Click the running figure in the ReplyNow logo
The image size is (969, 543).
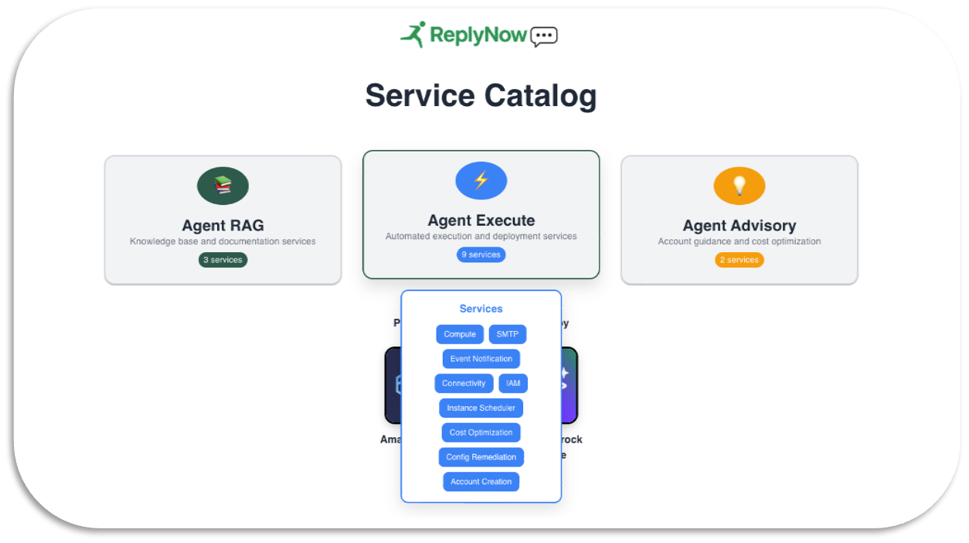[413, 34]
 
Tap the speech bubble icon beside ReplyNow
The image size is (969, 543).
[544, 36]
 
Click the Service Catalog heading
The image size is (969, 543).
[481, 96]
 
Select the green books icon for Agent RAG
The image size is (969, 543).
[223, 186]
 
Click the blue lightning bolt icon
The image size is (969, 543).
[481, 181]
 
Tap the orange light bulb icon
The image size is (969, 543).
[739, 186]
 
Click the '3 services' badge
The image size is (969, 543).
[223, 260]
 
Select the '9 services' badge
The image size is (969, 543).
[481, 254]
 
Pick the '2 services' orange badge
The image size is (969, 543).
[739, 260]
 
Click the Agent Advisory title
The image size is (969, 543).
[739, 226]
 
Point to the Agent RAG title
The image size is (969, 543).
[223, 226]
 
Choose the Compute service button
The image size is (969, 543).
[460, 334]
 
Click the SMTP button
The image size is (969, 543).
[508, 334]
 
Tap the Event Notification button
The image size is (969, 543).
[481, 359]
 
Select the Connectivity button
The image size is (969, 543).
[464, 383]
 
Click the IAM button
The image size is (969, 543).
[513, 383]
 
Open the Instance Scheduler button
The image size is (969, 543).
[481, 408]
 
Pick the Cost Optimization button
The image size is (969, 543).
[481, 432]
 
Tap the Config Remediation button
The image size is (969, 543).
[481, 457]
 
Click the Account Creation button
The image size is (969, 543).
[481, 482]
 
